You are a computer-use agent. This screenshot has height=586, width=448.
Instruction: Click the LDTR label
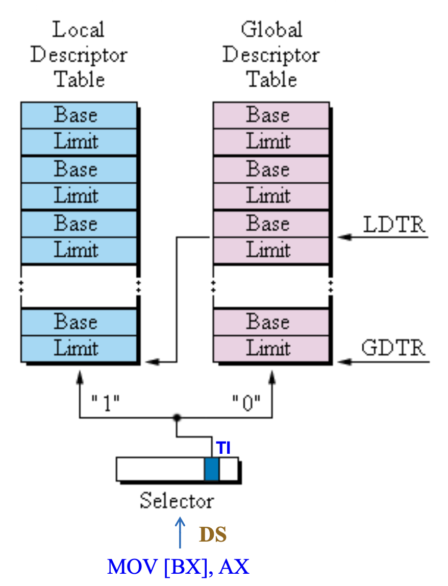394,225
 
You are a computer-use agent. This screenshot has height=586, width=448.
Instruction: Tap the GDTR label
393,348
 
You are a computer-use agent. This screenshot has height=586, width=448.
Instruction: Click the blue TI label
223,448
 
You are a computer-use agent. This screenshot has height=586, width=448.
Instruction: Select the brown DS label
212,534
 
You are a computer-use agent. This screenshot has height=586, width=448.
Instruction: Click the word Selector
177,500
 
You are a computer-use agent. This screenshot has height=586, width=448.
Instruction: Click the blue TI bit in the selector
211,469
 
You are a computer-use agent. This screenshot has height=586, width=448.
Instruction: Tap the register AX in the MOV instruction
233,567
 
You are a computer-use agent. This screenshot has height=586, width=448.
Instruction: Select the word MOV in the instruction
134,567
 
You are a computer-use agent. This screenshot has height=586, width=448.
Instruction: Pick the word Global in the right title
271,30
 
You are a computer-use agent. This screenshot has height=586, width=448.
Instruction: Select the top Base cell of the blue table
79,115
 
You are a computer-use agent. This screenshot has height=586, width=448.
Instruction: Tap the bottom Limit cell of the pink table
271,349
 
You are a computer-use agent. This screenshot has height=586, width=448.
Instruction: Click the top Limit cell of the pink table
271,141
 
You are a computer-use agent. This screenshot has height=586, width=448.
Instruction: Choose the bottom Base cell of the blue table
79,322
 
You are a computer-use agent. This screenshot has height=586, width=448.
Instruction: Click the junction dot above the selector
177,418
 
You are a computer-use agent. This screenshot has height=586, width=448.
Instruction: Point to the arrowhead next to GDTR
343,362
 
